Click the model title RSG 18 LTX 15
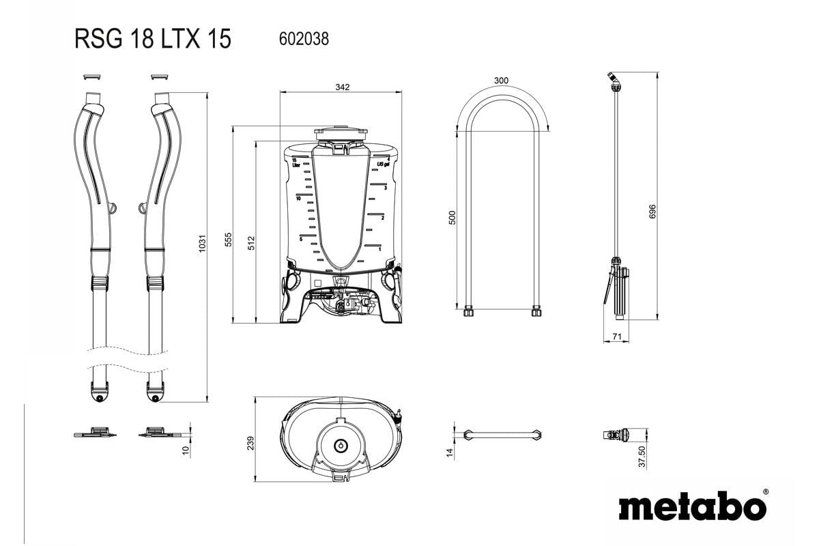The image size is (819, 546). (x=153, y=40)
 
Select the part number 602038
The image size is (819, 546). (x=304, y=40)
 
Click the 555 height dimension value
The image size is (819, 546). (x=229, y=240)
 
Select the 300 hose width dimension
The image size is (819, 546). (x=501, y=81)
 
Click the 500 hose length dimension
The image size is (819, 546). (x=452, y=218)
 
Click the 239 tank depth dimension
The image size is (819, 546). (x=250, y=442)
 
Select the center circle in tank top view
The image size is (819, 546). (x=340, y=445)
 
